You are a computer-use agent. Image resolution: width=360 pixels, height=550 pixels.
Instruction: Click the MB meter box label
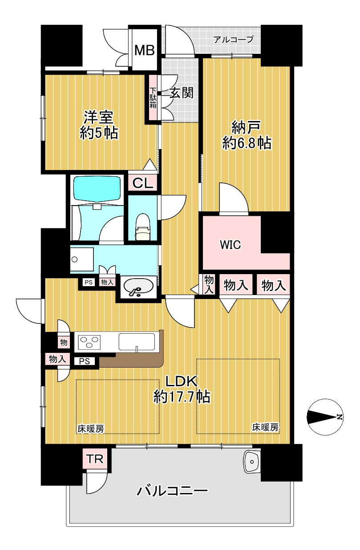(145, 50)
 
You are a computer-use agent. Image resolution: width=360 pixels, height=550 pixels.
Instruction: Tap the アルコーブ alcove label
(233, 40)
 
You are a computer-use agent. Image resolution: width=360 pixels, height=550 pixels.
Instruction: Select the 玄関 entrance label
(182, 93)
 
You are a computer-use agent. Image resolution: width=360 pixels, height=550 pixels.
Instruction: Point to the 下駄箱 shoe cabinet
(153, 98)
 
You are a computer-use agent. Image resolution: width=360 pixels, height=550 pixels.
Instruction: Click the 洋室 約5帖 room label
(99, 125)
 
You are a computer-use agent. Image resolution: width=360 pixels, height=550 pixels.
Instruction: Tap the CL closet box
(143, 183)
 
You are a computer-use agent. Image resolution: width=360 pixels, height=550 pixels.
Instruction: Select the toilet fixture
(143, 227)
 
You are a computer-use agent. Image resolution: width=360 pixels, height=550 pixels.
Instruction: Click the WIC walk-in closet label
(231, 245)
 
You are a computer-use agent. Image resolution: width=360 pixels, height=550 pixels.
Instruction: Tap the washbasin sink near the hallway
(138, 286)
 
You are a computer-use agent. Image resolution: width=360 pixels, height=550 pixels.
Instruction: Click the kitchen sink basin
(137, 341)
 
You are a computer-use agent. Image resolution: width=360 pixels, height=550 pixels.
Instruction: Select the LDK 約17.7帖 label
(182, 390)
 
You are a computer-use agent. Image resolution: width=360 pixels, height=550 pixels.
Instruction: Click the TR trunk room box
(95, 459)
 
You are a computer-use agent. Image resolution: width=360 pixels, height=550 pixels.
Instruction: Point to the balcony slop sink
(252, 462)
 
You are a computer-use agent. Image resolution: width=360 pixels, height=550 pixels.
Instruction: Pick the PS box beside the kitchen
(84, 361)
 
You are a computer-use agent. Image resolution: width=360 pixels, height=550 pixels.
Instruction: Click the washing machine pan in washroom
(82, 259)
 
